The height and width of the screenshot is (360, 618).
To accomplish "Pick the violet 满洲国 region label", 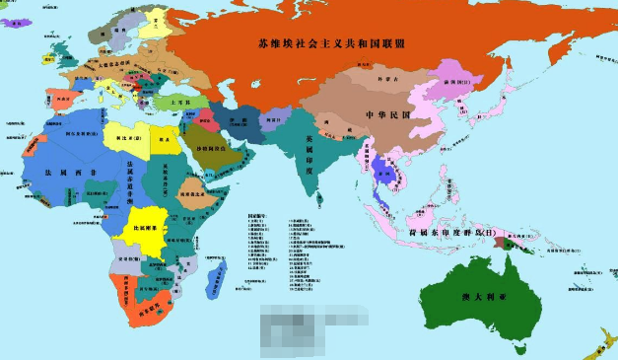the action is point(453,82).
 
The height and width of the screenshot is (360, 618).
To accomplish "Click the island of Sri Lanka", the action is point(328,204).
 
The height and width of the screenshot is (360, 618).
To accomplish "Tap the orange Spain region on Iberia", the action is point(60,101).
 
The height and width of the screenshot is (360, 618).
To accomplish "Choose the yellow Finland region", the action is point(156,22).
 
